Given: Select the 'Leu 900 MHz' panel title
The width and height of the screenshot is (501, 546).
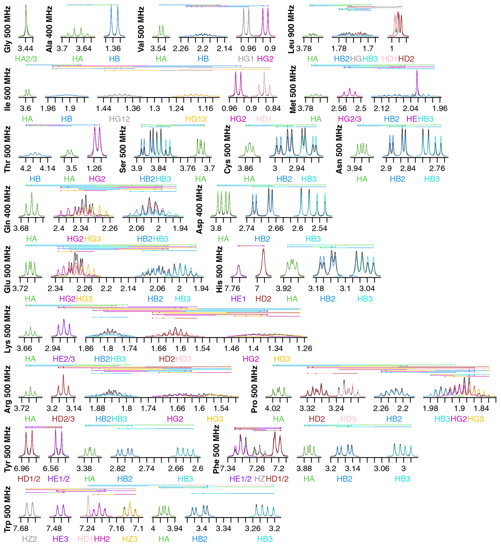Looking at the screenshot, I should click(x=291, y=29).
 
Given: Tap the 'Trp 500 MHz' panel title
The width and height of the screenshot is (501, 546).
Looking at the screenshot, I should click(x=7, y=509).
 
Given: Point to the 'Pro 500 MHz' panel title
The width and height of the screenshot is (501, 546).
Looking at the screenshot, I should click(x=254, y=389).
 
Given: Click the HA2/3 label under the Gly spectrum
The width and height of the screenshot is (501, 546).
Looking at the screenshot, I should click(x=26, y=59).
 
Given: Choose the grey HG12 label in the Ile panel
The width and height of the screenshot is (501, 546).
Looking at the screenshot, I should click(x=119, y=119).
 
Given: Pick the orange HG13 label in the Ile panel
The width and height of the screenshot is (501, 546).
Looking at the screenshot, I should click(x=196, y=119).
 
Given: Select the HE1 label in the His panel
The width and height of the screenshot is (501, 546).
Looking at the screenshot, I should click(x=238, y=299).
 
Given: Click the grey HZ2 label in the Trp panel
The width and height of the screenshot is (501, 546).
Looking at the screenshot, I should click(x=29, y=539).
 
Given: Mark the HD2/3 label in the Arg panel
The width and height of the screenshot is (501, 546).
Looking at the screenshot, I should click(x=63, y=419).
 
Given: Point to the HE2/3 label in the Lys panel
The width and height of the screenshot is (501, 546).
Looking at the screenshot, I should click(x=64, y=359).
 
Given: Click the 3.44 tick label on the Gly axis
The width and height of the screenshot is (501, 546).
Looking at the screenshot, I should click(x=25, y=48).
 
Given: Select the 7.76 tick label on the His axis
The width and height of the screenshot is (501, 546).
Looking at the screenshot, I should click(x=232, y=288).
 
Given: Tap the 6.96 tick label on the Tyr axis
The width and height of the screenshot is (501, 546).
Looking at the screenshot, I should click(x=21, y=469).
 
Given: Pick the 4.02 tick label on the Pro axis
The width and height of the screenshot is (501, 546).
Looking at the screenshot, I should click(x=272, y=408).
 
